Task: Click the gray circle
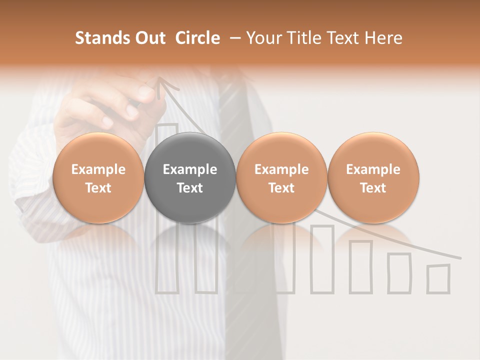pos(189,177)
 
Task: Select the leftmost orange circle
pos(98,177)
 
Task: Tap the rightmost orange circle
pos(373,177)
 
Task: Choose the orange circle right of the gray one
pos(281,177)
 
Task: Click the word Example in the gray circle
pos(190,169)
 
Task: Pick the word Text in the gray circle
pos(190,188)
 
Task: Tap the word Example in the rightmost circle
pos(373,169)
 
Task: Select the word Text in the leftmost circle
pos(98,188)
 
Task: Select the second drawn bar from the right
pos(399,272)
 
